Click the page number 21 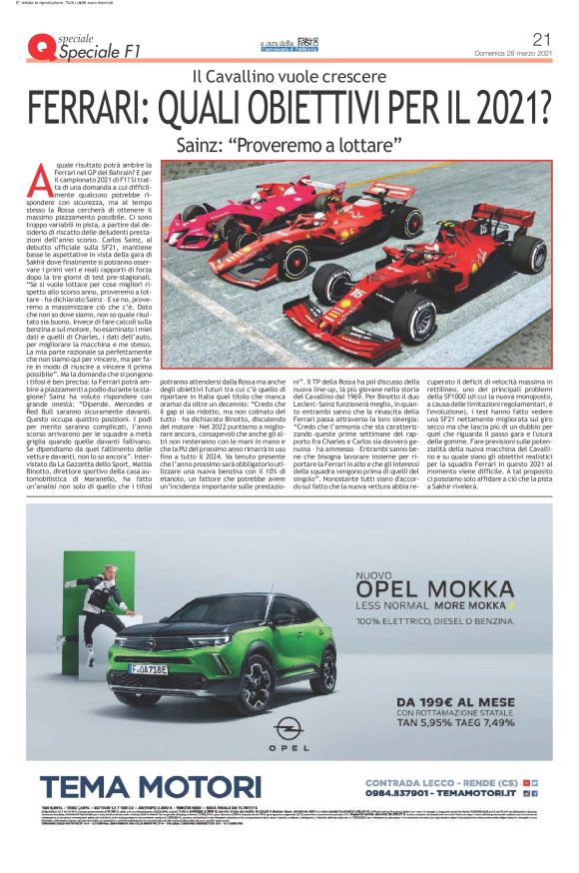(x=542, y=38)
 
